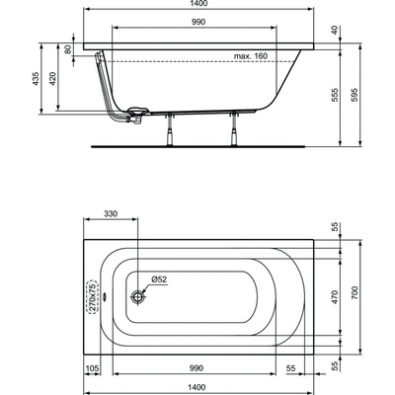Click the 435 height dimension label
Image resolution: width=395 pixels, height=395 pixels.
tap(37, 79)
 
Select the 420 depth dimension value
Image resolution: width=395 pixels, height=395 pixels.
tap(53, 79)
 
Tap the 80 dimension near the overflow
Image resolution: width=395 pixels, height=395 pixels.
tap(68, 49)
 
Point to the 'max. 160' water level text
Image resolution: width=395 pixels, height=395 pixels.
tap(251, 56)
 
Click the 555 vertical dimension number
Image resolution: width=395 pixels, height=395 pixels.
tap(335, 95)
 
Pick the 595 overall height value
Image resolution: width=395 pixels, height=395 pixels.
tap(354, 95)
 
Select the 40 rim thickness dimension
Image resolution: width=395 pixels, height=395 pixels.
tap(335, 31)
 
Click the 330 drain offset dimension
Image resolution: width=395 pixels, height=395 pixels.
tap(111, 214)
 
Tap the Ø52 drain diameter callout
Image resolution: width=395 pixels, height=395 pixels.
tap(159, 279)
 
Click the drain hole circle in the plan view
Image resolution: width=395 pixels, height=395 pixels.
tap(138, 296)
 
